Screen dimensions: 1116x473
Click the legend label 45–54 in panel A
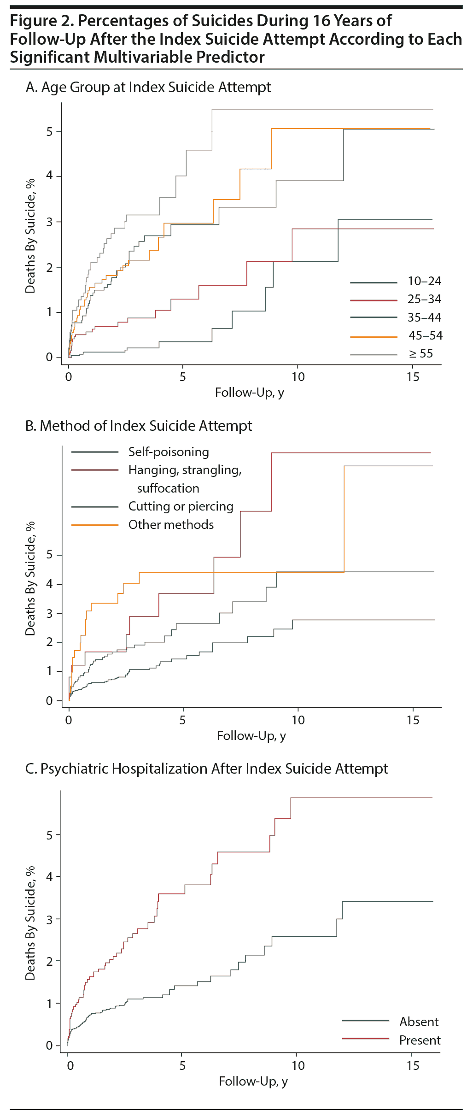click(425, 335)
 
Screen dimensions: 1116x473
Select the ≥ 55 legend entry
click(421, 353)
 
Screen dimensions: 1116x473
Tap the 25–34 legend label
click(424, 299)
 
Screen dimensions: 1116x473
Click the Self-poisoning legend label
click(169, 452)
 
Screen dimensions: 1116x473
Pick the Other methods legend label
click(171, 525)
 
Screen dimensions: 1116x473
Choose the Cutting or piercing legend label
click(181, 506)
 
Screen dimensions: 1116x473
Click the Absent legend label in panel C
click(419, 1022)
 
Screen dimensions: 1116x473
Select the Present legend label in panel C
click(420, 1040)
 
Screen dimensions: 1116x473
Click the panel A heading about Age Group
click(148, 87)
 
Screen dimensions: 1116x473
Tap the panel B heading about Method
click(139, 426)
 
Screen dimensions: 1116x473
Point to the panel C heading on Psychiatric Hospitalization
click(206, 769)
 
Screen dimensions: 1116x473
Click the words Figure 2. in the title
click(42, 21)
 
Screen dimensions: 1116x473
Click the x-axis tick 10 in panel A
click(298, 377)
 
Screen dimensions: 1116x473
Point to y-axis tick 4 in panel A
click(49, 176)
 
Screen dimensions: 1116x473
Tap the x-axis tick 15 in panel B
click(413, 720)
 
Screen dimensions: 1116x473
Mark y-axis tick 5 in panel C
click(49, 835)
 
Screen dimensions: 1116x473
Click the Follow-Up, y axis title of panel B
click(251, 736)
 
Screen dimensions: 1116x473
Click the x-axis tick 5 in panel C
click(182, 1066)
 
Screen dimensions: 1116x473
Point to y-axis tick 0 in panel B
click(49, 701)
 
